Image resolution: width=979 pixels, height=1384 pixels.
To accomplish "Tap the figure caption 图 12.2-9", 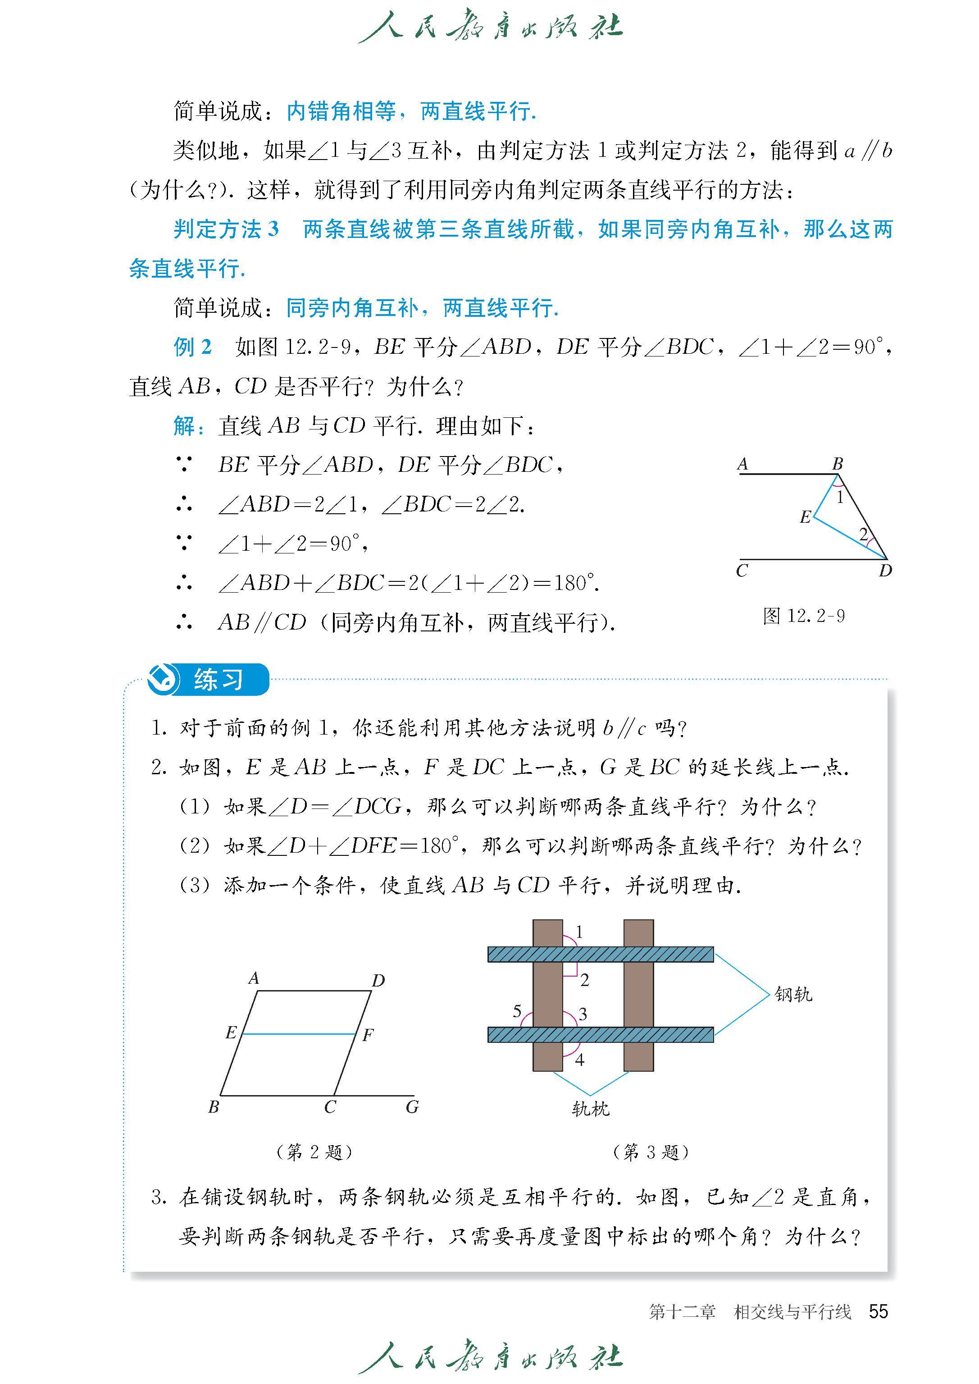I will click(x=804, y=616).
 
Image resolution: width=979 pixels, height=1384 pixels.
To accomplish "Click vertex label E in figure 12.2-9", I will click(x=805, y=517).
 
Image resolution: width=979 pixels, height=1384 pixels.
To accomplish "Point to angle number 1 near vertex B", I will click(x=840, y=498).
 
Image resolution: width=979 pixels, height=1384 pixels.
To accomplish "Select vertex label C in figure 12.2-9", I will click(x=742, y=571).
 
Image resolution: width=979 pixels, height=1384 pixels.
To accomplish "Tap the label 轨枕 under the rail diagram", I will click(x=590, y=1108).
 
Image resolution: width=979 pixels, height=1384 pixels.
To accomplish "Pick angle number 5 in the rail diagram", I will click(x=517, y=1011).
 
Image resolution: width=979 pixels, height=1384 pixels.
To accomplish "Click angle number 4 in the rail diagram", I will click(x=579, y=1060).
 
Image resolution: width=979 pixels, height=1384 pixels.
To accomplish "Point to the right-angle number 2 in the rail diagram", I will click(x=584, y=980).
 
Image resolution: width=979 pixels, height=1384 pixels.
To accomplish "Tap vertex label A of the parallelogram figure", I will click(x=254, y=977).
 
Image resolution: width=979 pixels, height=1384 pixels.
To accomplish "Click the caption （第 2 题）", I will click(x=314, y=1152).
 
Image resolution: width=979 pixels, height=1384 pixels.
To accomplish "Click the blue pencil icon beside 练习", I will click(x=163, y=680).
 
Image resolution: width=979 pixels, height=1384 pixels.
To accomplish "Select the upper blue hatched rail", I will click(x=601, y=954).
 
